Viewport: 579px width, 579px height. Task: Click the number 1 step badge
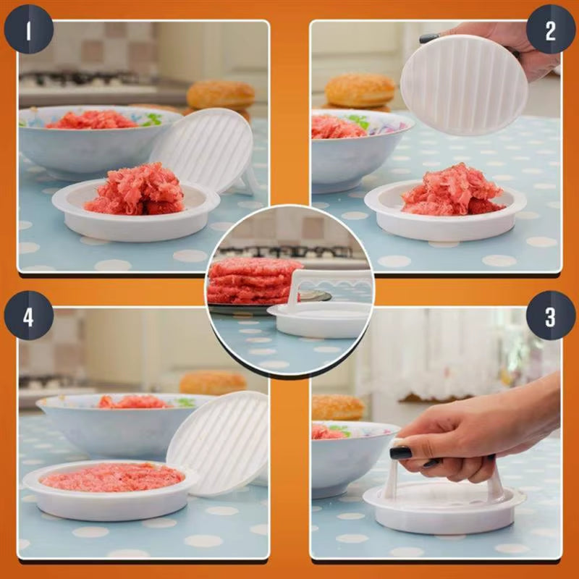click(29, 33)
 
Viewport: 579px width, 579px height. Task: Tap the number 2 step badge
click(551, 33)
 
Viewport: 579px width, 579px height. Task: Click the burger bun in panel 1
click(221, 95)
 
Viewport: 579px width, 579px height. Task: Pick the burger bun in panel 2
click(360, 90)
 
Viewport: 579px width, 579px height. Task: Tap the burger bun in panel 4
click(213, 382)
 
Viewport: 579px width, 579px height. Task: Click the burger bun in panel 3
click(337, 407)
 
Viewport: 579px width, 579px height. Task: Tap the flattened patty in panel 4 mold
click(112, 477)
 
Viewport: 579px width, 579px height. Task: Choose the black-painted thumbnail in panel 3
click(401, 453)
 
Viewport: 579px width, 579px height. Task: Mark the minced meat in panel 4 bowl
click(133, 402)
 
